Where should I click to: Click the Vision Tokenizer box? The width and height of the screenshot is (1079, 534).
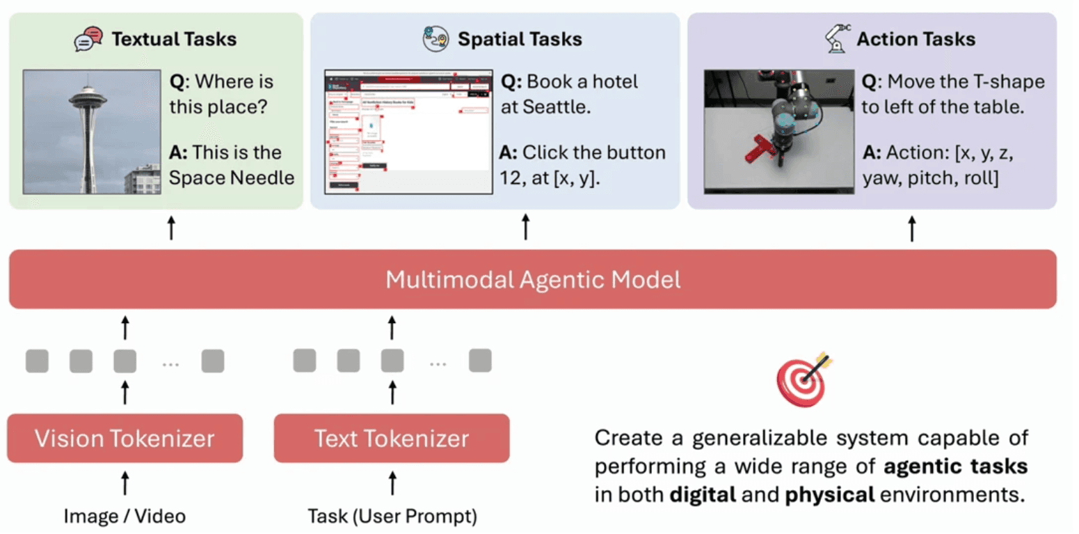[x=125, y=439]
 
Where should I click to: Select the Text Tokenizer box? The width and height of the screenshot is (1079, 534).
[x=392, y=439]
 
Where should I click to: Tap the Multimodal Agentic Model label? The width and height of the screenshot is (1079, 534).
[x=533, y=280]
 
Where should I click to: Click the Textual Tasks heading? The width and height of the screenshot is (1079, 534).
[x=174, y=39]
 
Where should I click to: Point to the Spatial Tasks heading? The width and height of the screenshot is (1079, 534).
[x=520, y=39]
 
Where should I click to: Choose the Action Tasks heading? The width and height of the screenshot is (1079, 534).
[x=916, y=39]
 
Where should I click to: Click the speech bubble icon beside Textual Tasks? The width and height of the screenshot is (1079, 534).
[x=88, y=39]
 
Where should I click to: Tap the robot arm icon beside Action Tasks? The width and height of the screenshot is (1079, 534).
[x=837, y=38]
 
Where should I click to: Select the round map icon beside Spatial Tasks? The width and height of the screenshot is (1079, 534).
[x=436, y=39]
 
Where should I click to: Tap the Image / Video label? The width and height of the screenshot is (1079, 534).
[x=125, y=516]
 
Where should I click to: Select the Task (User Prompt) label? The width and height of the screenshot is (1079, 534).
[x=392, y=516]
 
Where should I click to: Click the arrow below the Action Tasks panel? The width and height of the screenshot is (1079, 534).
[x=913, y=228]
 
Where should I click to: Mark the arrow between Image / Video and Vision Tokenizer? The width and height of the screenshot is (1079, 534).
[x=125, y=482]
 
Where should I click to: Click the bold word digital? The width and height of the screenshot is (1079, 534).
[x=703, y=495]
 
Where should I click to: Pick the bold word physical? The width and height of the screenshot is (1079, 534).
[x=829, y=495]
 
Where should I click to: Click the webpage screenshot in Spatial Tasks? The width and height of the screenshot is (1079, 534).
[x=409, y=131]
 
